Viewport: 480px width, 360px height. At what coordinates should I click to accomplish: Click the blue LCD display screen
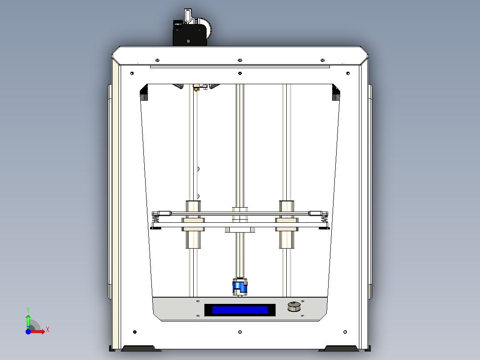240,310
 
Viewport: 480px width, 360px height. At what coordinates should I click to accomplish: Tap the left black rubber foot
138,348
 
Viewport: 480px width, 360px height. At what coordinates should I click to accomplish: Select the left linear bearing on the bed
193,224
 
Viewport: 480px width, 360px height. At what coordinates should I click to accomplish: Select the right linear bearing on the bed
287,224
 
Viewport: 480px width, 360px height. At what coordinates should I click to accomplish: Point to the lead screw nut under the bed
240,229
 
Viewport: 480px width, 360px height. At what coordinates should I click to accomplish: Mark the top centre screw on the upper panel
240,60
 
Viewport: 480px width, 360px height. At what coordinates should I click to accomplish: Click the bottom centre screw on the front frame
240,332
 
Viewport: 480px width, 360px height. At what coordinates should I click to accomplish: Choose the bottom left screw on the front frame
135,331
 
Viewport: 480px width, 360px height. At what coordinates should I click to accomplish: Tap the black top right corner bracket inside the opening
336,94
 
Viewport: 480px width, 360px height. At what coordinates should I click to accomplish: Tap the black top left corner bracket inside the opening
144,94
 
